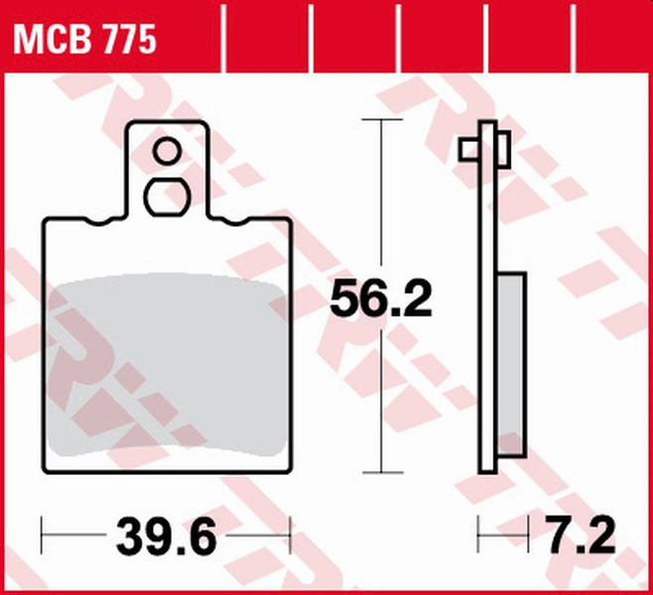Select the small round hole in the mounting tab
click(167, 152)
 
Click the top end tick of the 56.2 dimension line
click(381, 119)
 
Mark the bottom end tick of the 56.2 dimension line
click(381, 472)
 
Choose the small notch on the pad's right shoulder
click(235, 222)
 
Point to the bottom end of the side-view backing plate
click(486, 469)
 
